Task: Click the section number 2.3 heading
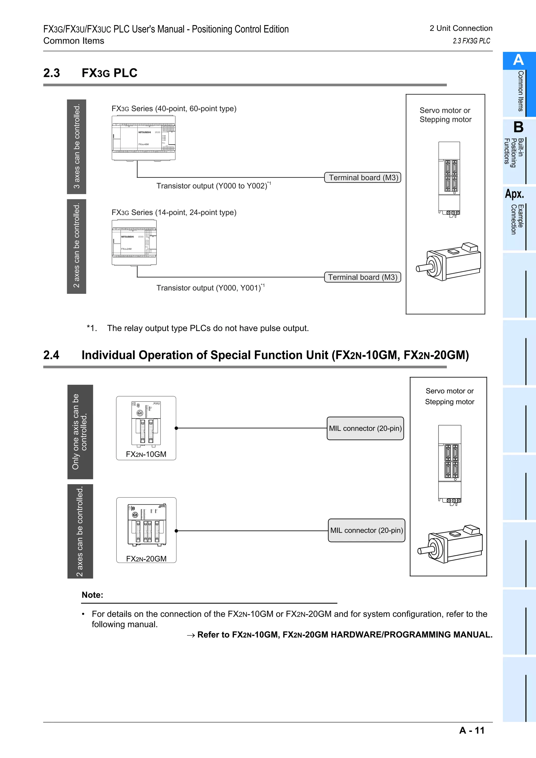tap(52, 73)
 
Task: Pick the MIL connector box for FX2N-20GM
tap(366, 530)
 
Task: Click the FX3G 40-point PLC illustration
tap(144, 138)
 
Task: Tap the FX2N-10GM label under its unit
tap(146, 454)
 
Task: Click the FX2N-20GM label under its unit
tap(146, 559)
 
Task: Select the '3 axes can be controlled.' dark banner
tap(77, 146)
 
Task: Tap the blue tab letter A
tap(518, 60)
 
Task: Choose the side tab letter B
tap(518, 127)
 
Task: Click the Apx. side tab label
tap(514, 194)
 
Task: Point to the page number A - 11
tap(472, 730)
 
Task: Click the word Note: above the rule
tap(92, 595)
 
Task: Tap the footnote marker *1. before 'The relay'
tap(92, 328)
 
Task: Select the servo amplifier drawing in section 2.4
tap(449, 466)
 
